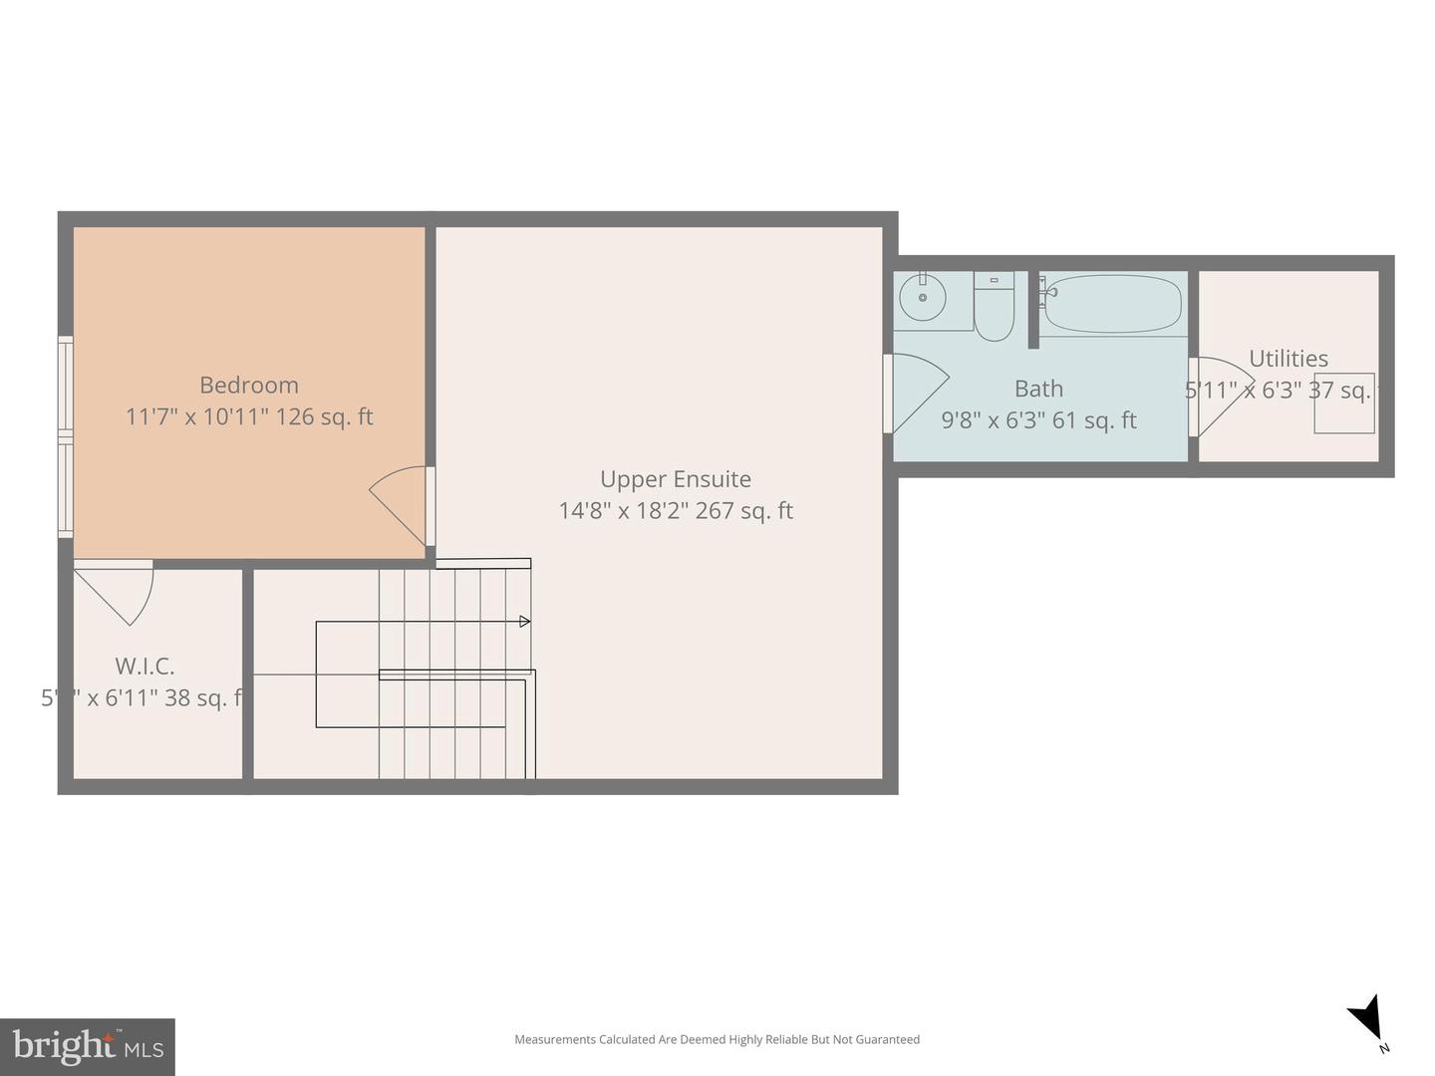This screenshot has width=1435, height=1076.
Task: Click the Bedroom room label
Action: click(x=249, y=385)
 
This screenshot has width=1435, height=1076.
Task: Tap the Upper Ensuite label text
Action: click(x=675, y=479)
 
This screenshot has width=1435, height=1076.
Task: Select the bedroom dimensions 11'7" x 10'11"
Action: click(x=196, y=416)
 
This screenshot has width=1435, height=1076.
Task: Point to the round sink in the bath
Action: click(x=923, y=298)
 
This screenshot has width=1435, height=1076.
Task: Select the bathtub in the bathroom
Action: click(x=1112, y=304)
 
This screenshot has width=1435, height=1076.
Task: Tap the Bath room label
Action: click(x=1038, y=389)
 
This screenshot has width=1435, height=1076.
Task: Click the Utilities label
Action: click(x=1288, y=359)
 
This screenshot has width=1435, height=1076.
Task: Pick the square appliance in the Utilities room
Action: click(x=1344, y=403)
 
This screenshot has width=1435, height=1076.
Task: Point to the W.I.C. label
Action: click(x=144, y=666)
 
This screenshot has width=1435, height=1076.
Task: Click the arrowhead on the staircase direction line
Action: click(x=524, y=622)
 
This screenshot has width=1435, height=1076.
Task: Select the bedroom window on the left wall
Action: click(x=66, y=436)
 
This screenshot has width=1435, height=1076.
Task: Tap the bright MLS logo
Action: click(x=88, y=1046)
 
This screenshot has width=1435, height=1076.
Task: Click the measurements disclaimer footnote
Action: click(x=717, y=1039)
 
